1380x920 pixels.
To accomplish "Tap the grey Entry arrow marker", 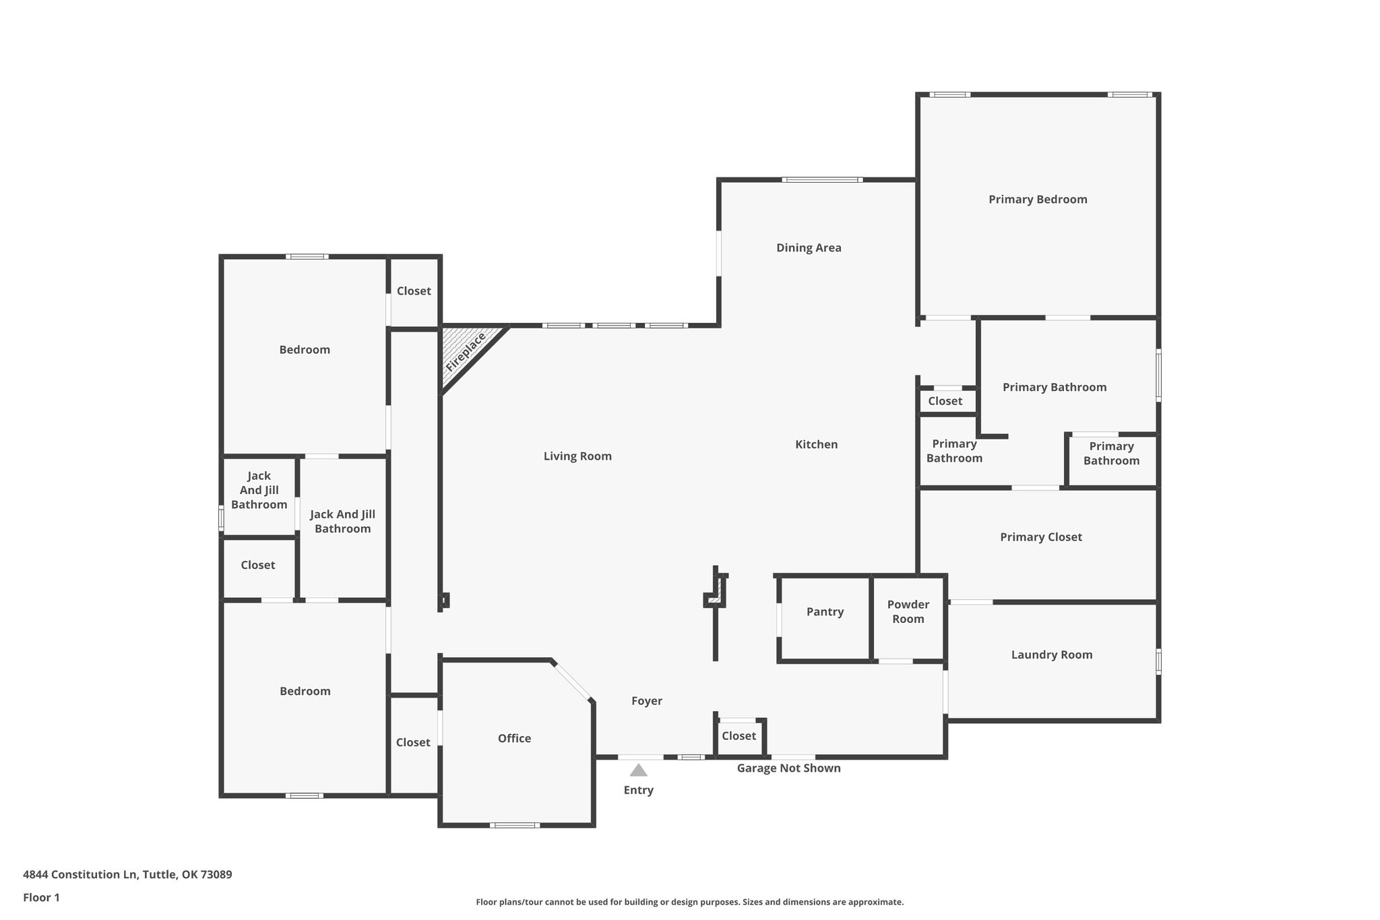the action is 638,770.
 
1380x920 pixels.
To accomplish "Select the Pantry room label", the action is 825,612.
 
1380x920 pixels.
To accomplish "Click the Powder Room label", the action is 908,612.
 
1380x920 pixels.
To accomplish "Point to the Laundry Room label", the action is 1052,654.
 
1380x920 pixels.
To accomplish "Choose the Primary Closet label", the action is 1041,537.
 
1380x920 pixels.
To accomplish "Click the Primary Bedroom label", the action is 1038,200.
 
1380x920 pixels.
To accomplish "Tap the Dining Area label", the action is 809,248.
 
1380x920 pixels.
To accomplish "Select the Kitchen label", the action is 817,445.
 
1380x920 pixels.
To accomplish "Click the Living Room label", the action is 577,456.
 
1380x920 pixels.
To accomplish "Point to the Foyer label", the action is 647,701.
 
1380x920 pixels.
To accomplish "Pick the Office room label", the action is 514,739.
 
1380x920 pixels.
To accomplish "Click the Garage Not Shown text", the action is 788,768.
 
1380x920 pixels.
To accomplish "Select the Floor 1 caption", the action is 41,898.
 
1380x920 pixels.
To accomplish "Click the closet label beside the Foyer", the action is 739,736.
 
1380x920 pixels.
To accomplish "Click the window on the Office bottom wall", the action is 515,825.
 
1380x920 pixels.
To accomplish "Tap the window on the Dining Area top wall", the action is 822,180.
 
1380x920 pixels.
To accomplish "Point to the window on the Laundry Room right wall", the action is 1158,661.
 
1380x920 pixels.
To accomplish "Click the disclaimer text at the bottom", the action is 689,902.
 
